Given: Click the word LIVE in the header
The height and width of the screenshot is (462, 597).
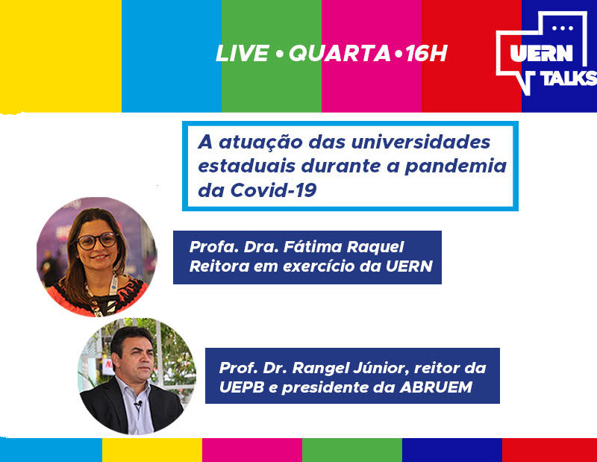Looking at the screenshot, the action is click(x=243, y=53).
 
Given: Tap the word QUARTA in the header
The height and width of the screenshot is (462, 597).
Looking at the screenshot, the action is click(x=340, y=53).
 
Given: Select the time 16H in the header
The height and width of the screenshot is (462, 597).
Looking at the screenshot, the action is click(x=426, y=53).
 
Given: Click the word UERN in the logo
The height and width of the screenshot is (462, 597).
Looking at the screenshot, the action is click(x=542, y=53).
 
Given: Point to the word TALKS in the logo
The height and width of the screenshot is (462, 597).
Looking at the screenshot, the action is click(x=569, y=78).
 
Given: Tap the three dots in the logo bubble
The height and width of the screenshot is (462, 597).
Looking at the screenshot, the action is click(x=563, y=28).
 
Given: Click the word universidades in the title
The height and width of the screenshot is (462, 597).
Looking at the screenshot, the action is click(x=420, y=142).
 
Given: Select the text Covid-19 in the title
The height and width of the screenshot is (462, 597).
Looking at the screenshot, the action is click(x=273, y=190).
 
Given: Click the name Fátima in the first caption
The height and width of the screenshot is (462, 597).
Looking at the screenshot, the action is click(x=313, y=247).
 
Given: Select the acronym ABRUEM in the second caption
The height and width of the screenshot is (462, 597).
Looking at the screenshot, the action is click(x=436, y=387).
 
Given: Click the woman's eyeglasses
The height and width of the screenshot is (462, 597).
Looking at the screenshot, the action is click(x=97, y=240).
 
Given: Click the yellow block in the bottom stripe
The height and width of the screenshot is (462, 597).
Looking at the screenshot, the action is click(x=152, y=450).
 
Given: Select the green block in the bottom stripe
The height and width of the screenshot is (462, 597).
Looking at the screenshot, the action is click(x=351, y=450).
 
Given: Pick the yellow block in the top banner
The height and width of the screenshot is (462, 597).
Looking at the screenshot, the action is click(x=60, y=56).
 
